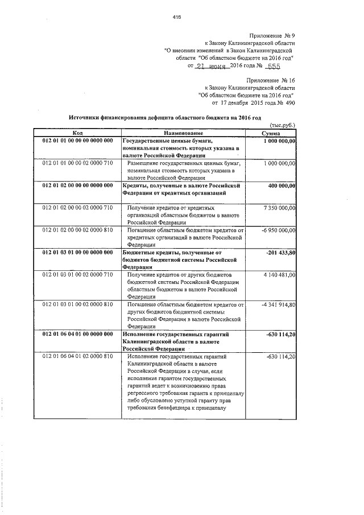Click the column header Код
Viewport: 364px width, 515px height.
(77, 132)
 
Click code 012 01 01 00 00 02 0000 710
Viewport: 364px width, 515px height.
(78, 163)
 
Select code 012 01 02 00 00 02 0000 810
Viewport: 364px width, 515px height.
(78, 230)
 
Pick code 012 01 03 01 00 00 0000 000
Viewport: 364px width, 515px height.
(78, 253)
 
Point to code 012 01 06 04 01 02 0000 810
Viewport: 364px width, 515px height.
(78, 357)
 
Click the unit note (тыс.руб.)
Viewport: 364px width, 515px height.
(283, 125)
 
